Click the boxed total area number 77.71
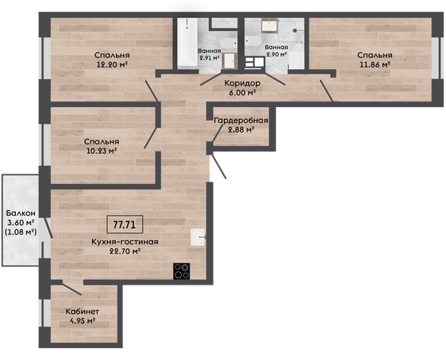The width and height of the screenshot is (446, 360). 125,224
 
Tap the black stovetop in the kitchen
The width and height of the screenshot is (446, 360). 182,271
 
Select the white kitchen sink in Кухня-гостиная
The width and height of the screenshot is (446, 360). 198,237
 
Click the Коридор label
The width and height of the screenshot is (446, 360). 242,83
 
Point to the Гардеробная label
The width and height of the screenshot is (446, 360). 241,121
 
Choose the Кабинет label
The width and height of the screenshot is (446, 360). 83,312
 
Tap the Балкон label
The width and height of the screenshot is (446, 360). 21,213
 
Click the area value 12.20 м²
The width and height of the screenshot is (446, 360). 112,64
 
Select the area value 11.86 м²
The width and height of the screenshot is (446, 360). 375,64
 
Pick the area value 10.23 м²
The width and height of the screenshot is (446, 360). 102,151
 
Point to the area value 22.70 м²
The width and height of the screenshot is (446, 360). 125,251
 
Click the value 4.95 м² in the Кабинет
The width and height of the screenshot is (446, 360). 83,321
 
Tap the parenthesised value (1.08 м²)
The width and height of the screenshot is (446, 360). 21,232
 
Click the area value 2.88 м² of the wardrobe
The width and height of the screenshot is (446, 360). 241,130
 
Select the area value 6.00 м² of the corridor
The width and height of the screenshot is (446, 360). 242,93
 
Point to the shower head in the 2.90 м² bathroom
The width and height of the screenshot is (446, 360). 295,30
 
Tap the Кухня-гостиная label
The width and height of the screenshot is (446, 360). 125,242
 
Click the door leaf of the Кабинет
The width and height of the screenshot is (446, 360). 72,289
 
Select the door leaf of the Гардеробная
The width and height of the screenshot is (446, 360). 218,134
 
